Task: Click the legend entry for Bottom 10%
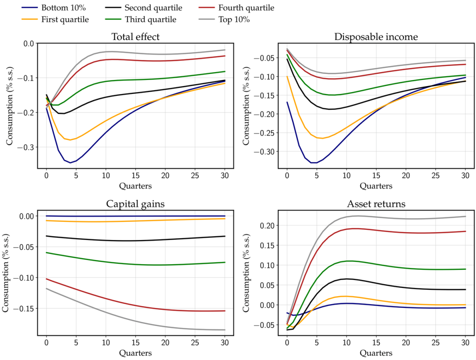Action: (54, 7)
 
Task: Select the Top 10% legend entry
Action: (224, 20)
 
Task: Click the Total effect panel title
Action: (135, 37)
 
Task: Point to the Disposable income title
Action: (376, 37)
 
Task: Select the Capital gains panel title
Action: (135, 204)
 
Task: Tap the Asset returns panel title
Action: (376, 204)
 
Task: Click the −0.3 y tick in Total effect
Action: (25, 147)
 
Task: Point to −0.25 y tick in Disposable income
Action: (264, 133)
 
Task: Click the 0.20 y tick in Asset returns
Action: (267, 226)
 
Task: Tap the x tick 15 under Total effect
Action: (135, 175)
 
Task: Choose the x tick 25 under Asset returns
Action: (436, 343)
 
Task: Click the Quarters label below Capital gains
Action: (135, 353)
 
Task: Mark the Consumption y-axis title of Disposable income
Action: (246, 106)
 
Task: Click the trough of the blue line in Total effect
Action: (70, 163)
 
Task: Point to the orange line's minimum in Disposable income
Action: (322, 139)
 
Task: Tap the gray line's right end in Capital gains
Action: (225, 330)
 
